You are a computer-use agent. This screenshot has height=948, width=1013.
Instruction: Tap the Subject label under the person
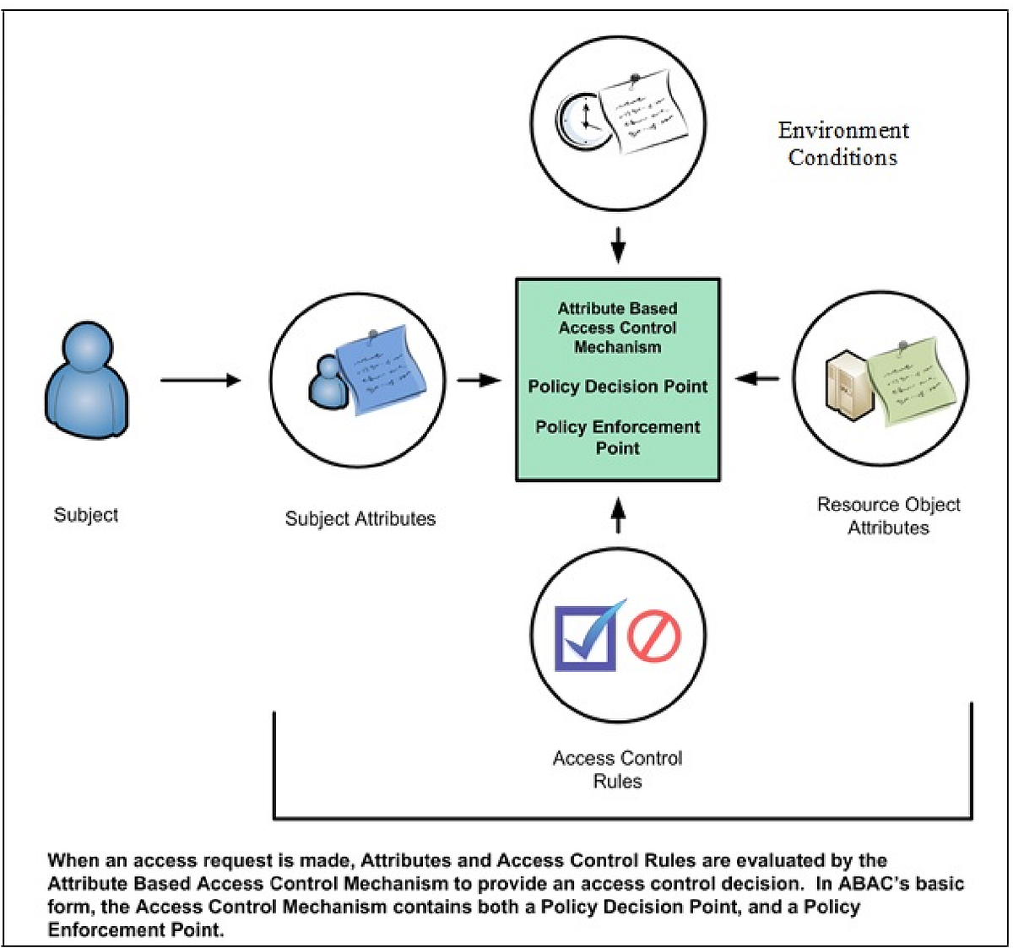click(x=85, y=515)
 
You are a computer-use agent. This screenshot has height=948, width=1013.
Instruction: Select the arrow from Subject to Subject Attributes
click(x=200, y=380)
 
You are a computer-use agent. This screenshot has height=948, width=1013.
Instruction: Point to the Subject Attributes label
click(x=360, y=518)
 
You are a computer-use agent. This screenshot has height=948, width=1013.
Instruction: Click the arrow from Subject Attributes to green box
click(x=479, y=380)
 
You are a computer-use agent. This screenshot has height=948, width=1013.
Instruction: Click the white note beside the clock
click(x=650, y=115)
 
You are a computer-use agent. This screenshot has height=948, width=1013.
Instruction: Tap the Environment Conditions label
click(x=843, y=144)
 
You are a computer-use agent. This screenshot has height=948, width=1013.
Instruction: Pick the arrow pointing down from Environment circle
click(x=618, y=246)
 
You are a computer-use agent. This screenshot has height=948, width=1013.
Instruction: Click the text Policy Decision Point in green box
click(x=618, y=387)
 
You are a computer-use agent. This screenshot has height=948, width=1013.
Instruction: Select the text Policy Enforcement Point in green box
click(x=618, y=437)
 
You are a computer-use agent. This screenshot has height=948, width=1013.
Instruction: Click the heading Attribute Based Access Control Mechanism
click(x=618, y=328)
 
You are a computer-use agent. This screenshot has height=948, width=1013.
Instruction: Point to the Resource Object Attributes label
click(x=888, y=516)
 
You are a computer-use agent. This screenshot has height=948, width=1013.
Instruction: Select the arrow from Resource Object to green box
click(x=757, y=379)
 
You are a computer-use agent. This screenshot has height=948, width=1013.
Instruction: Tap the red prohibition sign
click(x=653, y=636)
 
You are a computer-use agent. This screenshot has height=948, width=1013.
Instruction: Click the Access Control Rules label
click(x=618, y=769)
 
